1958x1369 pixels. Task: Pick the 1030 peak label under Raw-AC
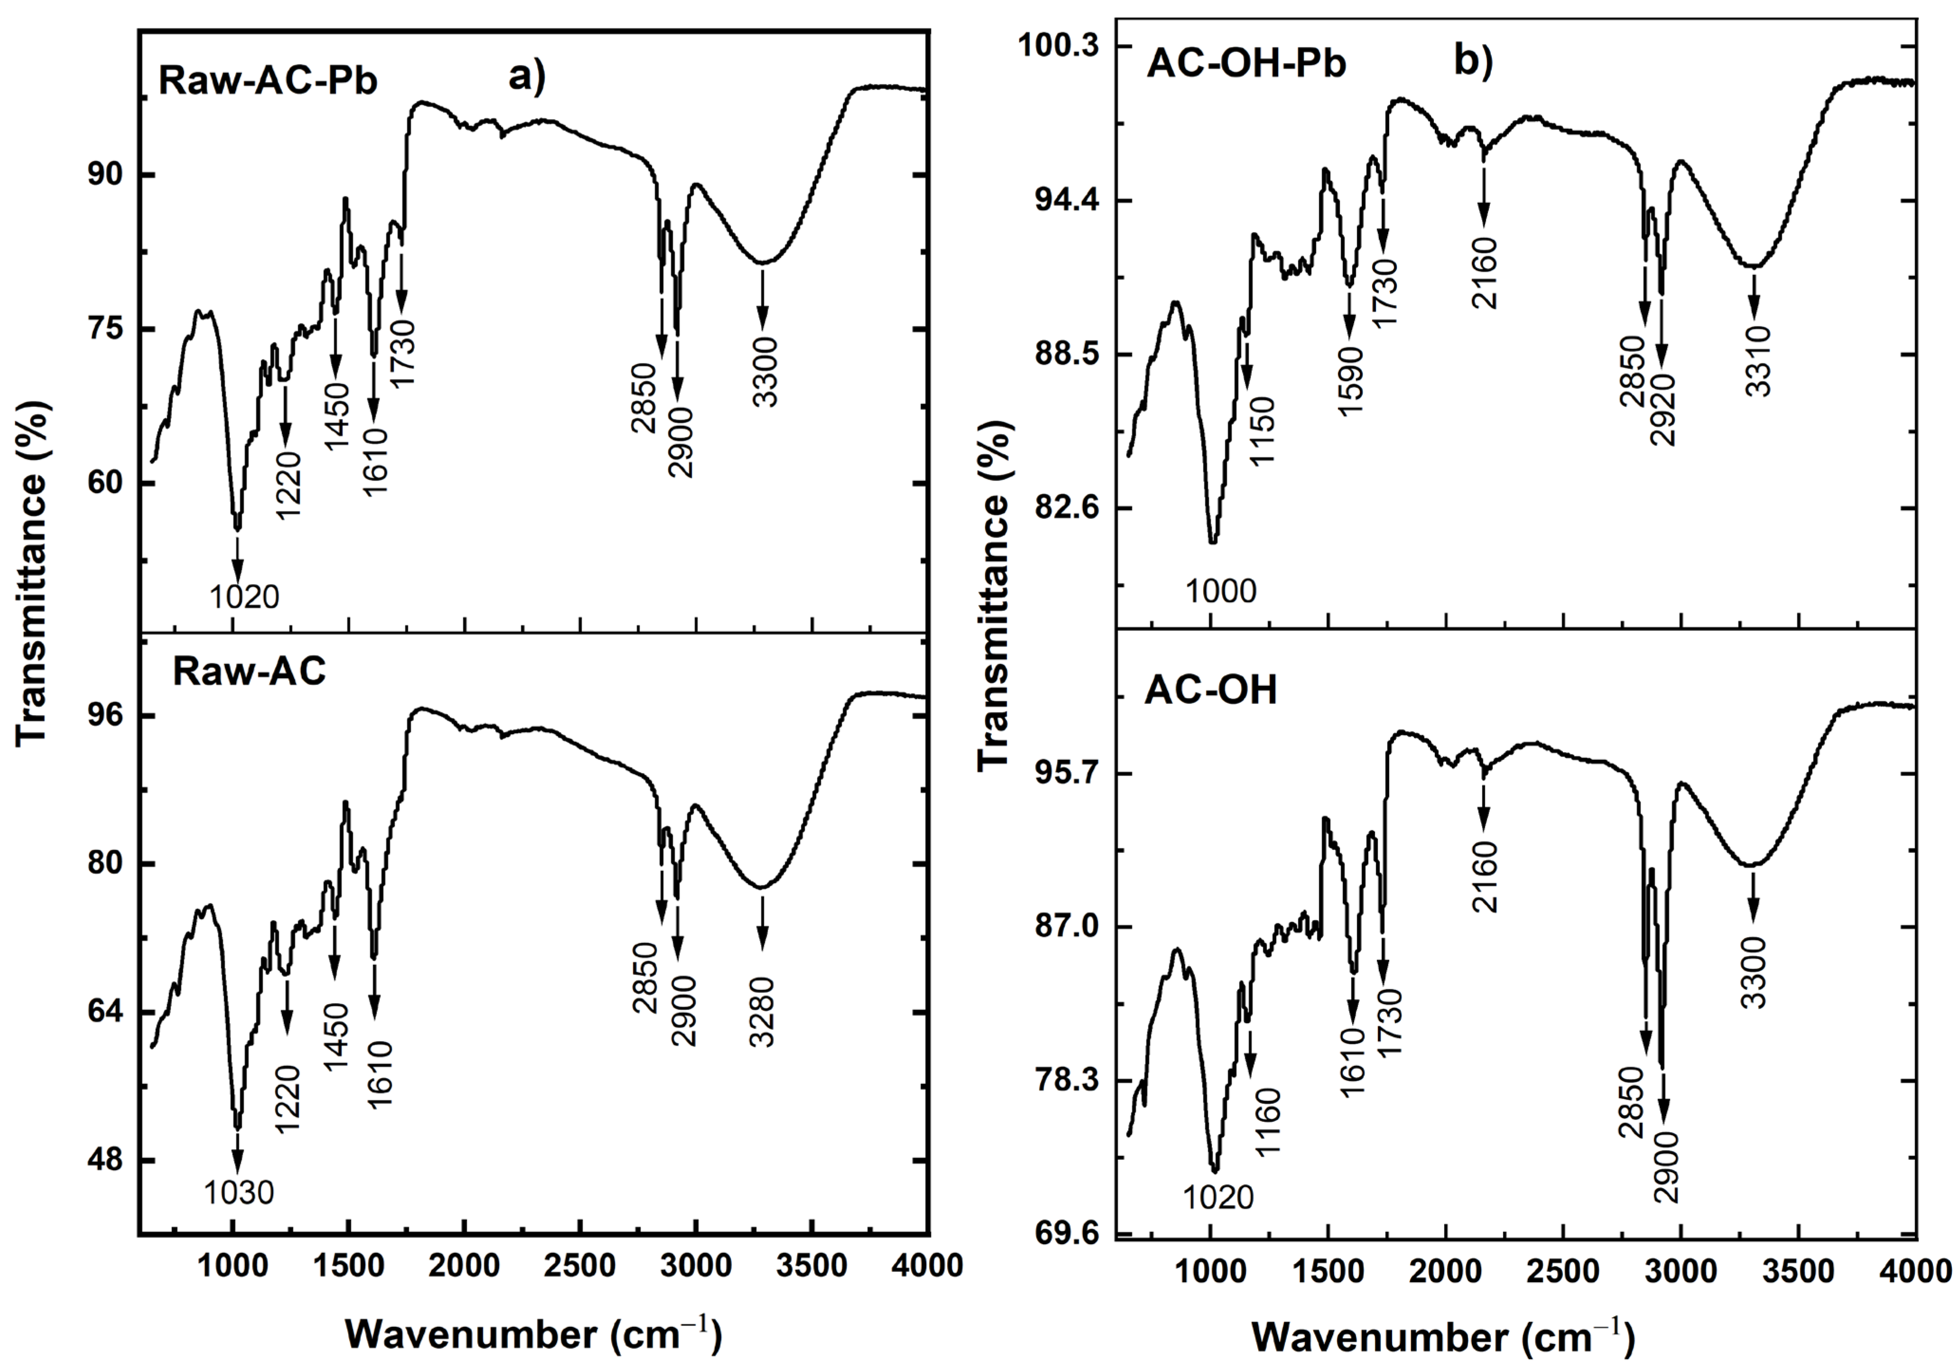tap(239, 1192)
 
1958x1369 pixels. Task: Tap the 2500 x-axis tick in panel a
tap(580, 1266)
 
